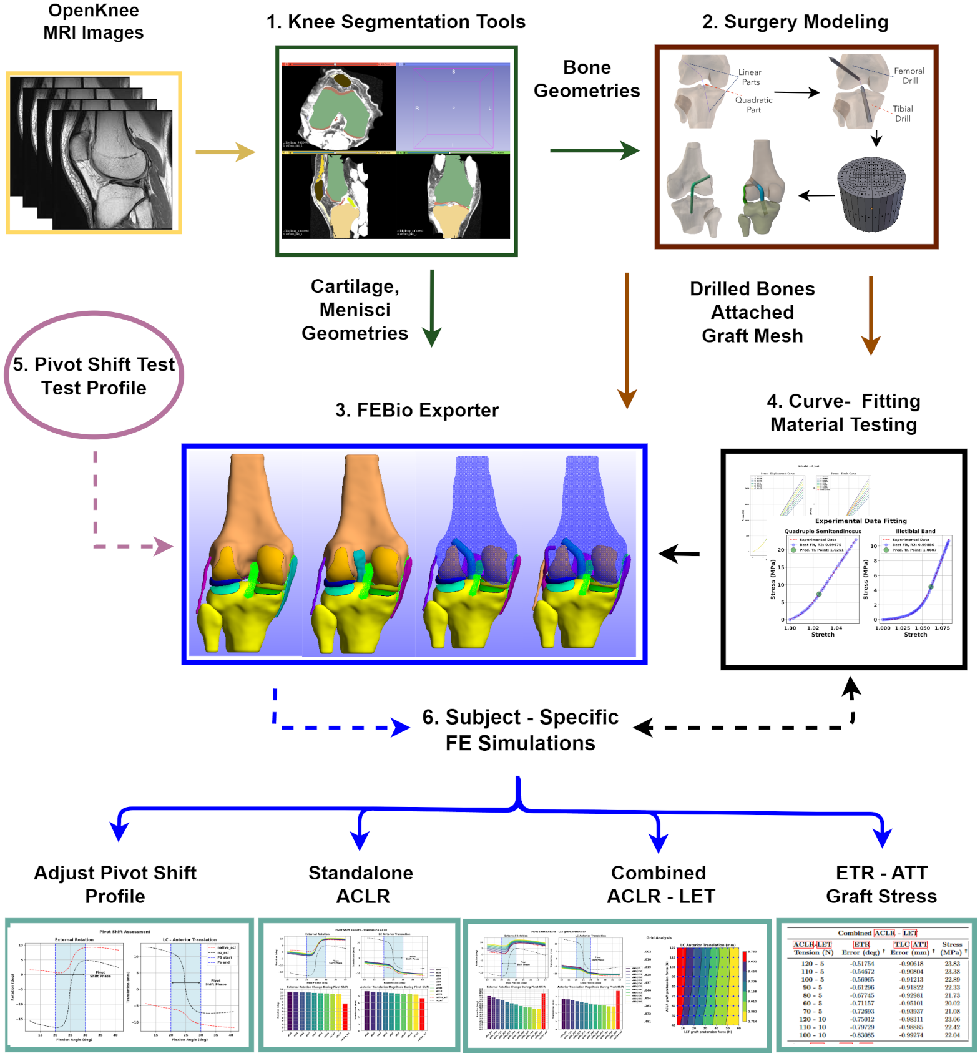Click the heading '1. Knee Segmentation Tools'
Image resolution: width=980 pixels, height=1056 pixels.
tap(396, 22)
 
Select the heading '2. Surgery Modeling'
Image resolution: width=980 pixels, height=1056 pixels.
tap(795, 22)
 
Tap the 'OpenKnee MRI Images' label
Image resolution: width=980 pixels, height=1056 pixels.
tap(94, 21)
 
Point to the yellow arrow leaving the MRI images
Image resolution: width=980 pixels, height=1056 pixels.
tap(225, 152)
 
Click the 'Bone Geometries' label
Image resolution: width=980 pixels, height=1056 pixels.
tap(587, 79)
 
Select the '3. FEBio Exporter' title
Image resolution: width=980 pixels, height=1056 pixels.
tap(417, 410)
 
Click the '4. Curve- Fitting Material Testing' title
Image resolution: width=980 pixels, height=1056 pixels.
tap(843, 413)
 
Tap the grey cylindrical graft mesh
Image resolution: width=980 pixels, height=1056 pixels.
tap(871, 194)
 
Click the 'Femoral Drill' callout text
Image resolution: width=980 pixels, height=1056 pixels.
tap(909, 76)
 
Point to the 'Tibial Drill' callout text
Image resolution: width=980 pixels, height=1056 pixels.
tap(903, 114)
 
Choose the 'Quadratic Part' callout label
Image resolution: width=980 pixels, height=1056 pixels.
tap(753, 105)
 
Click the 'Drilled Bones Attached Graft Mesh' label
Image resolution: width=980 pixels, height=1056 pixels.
tap(752, 312)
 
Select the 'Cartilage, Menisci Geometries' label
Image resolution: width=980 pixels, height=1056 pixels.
tap(355, 310)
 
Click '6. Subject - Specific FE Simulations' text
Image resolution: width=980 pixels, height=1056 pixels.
tap(520, 730)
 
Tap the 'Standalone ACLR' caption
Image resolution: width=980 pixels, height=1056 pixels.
tap(361, 884)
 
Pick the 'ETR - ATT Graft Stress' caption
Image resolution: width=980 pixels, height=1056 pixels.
tap(881, 884)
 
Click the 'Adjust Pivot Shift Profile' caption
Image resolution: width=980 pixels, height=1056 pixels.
tap(115, 884)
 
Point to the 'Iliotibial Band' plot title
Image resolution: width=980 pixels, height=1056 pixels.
tap(916, 531)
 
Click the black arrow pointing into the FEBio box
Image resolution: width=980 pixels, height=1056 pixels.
tap(679, 554)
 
